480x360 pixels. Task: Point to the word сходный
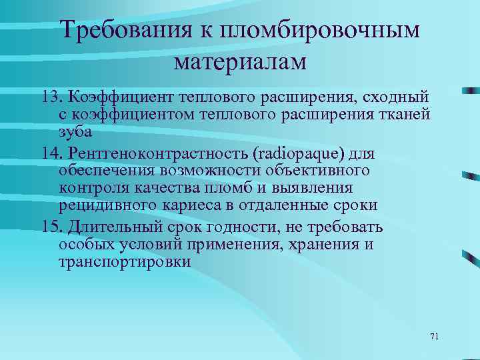pos(396,98)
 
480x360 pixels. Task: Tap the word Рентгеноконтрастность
pos(157,154)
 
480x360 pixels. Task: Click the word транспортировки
pos(125,262)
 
